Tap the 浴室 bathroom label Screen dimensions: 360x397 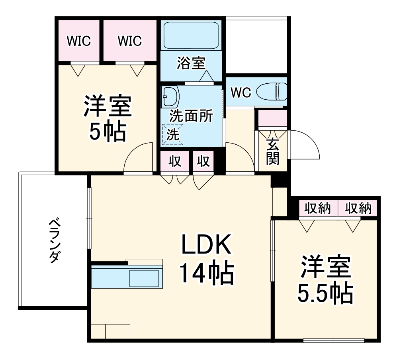(191, 63)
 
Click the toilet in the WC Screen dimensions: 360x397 (272, 92)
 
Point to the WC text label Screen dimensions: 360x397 (241, 93)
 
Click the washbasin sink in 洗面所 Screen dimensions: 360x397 (170, 96)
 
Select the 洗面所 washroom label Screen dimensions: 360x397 (191, 116)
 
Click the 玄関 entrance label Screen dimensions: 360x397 (273, 152)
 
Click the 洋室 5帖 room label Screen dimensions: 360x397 (107, 118)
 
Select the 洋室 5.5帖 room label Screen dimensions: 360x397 (326, 280)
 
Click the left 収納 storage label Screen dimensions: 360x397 (318, 208)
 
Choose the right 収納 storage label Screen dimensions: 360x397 (358, 208)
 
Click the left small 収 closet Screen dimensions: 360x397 (175, 161)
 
